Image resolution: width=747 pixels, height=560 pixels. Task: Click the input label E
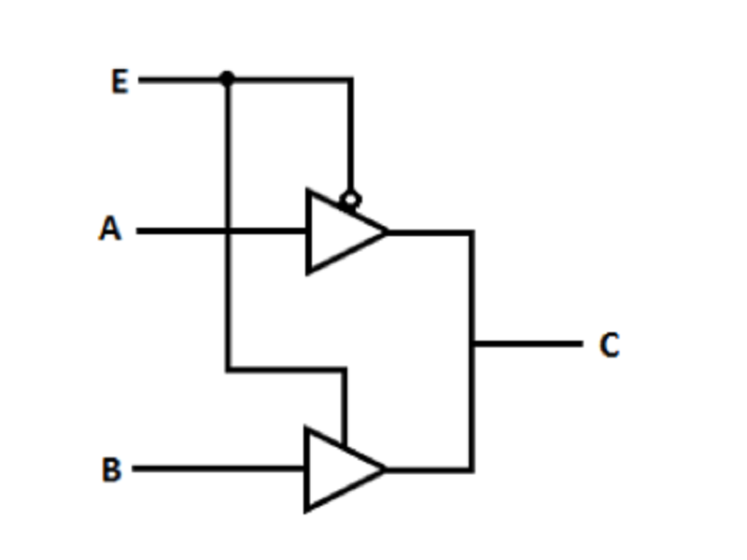[x=120, y=81]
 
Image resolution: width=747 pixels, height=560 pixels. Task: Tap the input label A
[x=110, y=229]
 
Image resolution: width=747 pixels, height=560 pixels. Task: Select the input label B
[x=112, y=469]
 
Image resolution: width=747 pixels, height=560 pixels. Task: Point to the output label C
[x=610, y=344]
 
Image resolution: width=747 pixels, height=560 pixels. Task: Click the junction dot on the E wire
[x=227, y=78]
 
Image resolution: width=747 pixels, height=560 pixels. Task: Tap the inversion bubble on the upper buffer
[x=350, y=200]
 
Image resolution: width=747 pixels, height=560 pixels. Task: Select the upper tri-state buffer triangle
[x=345, y=231]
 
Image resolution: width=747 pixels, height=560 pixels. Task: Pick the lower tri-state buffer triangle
[x=344, y=469]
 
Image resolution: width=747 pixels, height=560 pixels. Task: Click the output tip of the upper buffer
[x=388, y=231]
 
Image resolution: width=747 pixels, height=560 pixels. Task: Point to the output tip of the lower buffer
[x=386, y=469]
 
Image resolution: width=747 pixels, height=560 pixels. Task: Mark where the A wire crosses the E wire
[x=228, y=231]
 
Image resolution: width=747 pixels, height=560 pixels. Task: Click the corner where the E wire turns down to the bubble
[x=351, y=79]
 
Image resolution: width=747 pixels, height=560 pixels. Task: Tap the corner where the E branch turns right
[x=228, y=369]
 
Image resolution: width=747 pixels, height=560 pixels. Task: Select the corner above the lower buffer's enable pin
[x=344, y=369]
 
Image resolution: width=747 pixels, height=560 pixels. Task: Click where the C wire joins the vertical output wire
[x=472, y=343]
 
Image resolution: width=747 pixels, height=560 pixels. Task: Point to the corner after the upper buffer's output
[x=472, y=232]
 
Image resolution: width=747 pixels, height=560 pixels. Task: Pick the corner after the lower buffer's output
[x=472, y=470]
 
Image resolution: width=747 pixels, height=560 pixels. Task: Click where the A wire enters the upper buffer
[x=308, y=231]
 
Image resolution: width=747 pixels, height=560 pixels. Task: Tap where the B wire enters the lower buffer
[x=306, y=469]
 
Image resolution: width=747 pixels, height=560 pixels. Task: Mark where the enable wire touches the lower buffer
[x=344, y=446]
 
